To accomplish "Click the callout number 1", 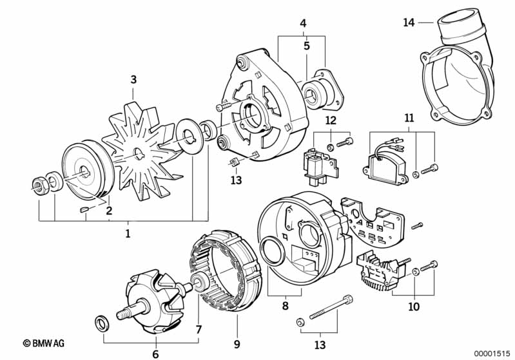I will [x=128, y=233].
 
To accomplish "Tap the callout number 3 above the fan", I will [x=133, y=80].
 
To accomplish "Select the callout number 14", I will [x=408, y=23].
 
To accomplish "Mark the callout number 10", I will [x=413, y=307].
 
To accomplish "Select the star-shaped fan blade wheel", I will [x=138, y=155].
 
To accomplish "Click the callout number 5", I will [x=306, y=46].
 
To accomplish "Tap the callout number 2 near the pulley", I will [x=109, y=210].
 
